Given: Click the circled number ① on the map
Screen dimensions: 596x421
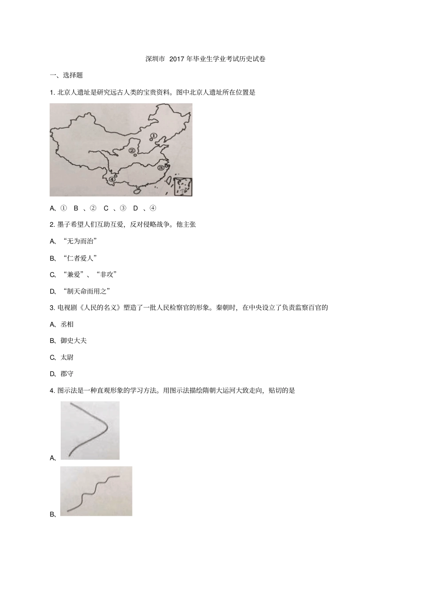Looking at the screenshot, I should pyautogui.click(x=154, y=136).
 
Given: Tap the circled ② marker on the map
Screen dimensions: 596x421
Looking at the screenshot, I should pyautogui.click(x=132, y=151).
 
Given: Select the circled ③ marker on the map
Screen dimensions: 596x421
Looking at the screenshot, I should pyautogui.click(x=160, y=168).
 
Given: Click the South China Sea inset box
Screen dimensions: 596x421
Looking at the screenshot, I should pyautogui.click(x=183, y=187).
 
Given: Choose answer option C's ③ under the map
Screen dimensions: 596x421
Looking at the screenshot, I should pyautogui.click(x=123, y=208).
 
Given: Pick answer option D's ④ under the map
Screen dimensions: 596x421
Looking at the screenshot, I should pyautogui.click(x=152, y=208).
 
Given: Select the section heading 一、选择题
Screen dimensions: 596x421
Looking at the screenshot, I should pyautogui.click(x=66, y=75).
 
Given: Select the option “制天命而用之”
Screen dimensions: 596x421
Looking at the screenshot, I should pyautogui.click(x=86, y=291).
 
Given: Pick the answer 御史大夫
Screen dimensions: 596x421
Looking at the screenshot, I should pyautogui.click(x=74, y=341).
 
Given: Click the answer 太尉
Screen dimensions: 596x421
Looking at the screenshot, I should pyautogui.click(x=67, y=357).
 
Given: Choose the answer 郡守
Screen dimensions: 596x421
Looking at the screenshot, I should pyautogui.click(x=67, y=374).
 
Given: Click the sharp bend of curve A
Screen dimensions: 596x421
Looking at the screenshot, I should pyautogui.click(x=106, y=427).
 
